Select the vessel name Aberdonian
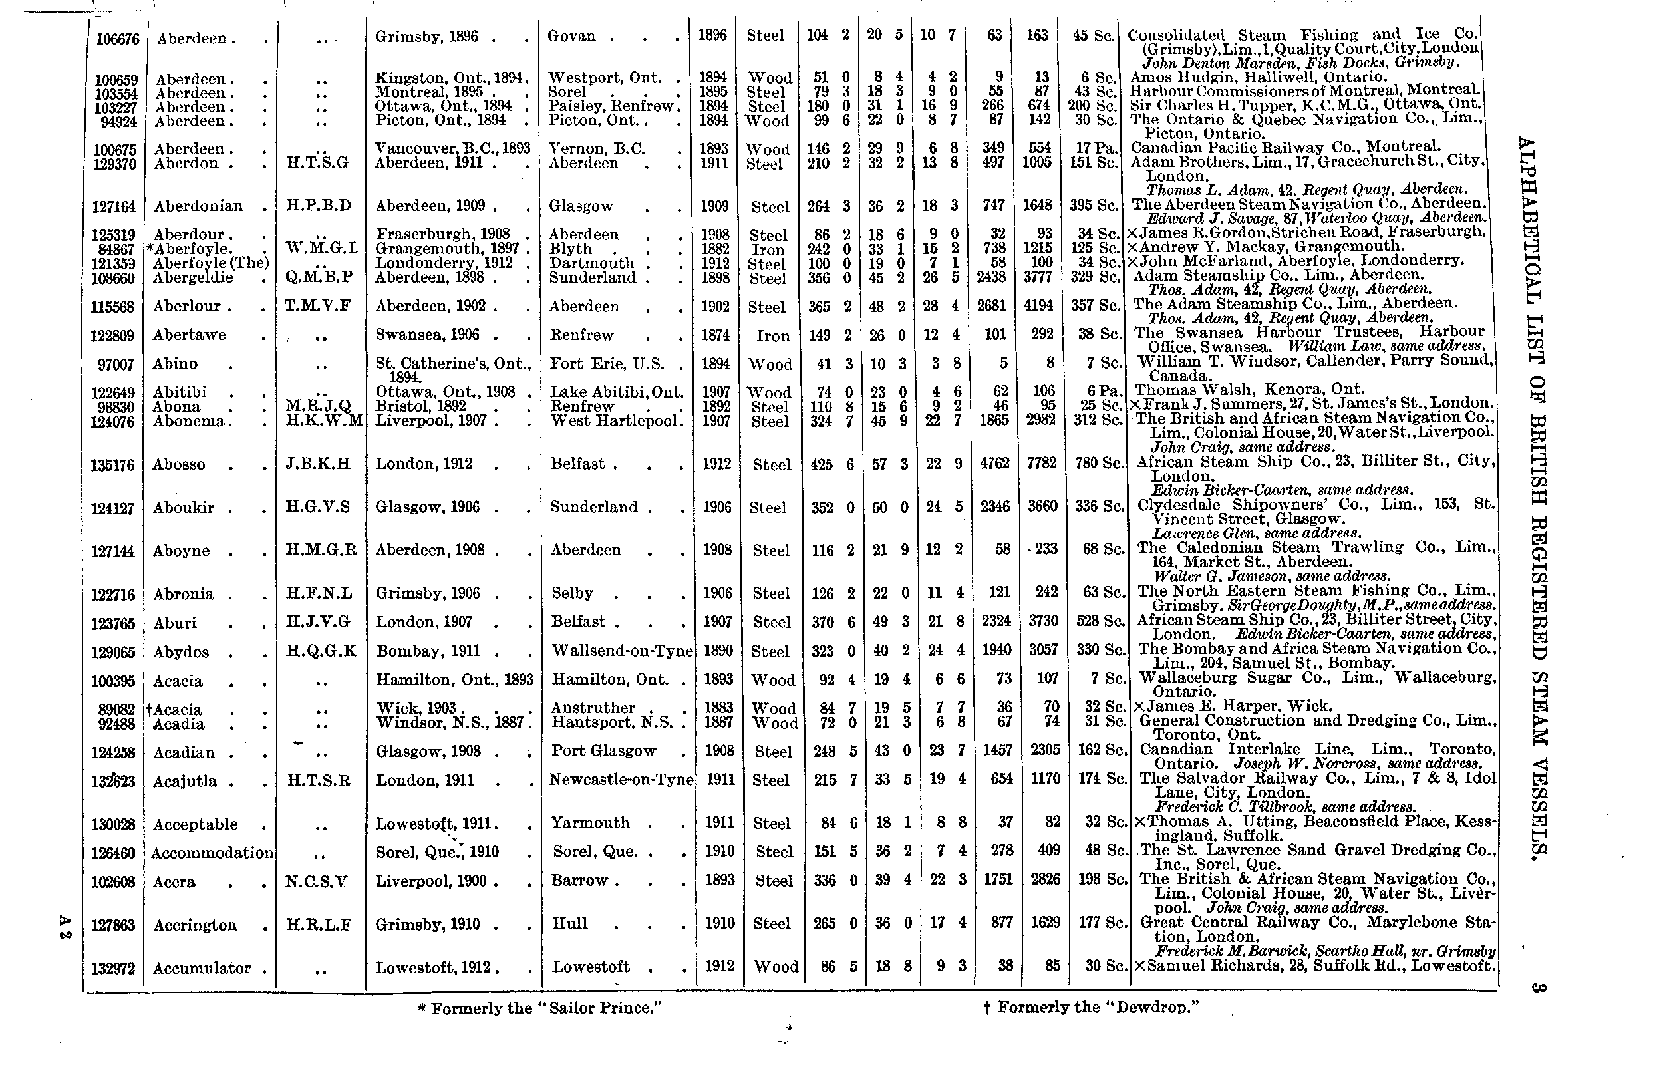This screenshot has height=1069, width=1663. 198,206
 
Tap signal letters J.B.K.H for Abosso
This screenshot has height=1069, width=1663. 318,464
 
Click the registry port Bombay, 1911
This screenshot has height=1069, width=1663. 428,651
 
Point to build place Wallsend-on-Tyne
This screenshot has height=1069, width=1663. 622,651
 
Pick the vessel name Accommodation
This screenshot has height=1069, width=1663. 212,852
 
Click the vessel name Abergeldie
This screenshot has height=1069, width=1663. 193,277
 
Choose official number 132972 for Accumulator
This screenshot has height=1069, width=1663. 112,969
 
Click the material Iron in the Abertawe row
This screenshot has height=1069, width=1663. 772,336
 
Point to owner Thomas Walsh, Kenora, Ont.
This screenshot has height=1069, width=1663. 1249,389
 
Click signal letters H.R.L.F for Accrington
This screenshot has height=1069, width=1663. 319,924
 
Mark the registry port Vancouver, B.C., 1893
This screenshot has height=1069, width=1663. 452,148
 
